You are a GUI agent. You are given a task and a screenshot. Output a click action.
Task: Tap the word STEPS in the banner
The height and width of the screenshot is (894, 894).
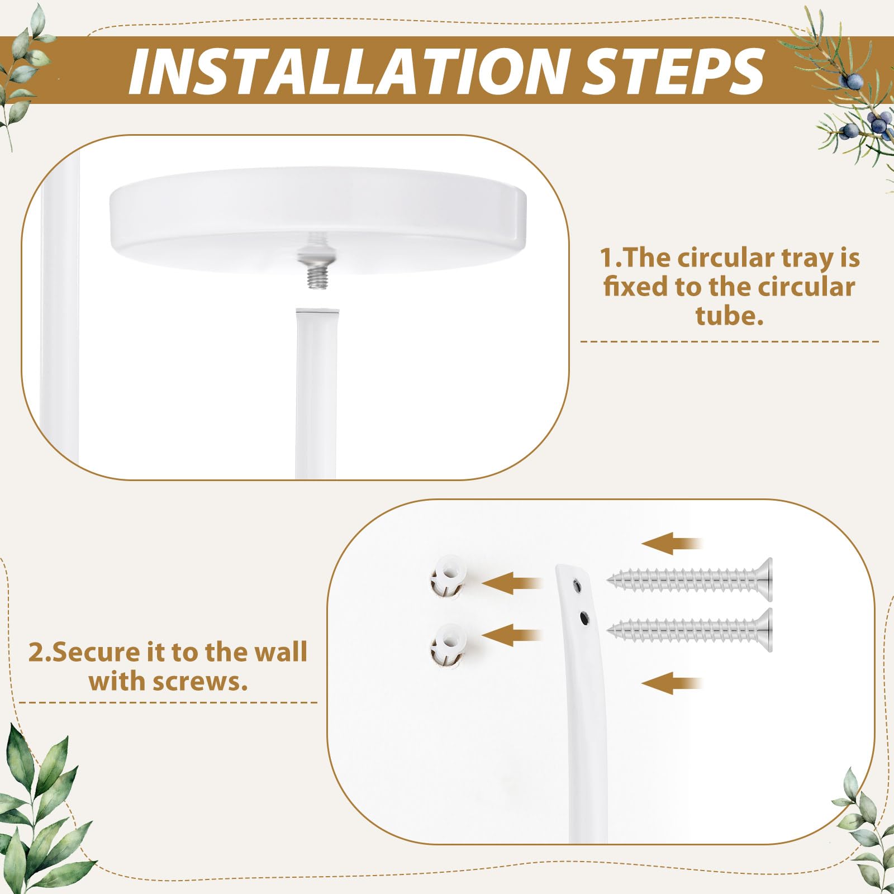pos(673,72)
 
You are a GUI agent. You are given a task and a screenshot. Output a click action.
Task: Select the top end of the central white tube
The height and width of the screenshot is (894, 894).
pos(317,310)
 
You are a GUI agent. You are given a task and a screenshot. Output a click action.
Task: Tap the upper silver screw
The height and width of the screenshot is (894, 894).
pos(690,579)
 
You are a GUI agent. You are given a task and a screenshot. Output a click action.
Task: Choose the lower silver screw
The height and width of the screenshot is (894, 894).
pos(690,630)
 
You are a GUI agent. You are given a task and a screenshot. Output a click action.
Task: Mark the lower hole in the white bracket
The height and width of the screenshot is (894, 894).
pos(584,618)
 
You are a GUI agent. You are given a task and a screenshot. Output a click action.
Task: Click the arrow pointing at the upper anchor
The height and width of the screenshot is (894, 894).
pos(511,583)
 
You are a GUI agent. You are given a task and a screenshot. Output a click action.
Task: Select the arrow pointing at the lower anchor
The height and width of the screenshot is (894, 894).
pos(511,635)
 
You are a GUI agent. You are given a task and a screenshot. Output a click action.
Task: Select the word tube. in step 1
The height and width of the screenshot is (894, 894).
pos(729,316)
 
